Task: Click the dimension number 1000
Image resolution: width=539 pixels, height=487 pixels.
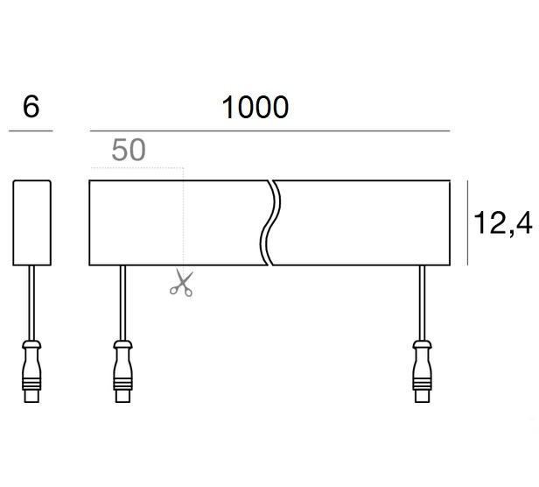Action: coord(255,107)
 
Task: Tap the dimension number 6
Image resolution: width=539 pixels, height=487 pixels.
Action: coord(31,106)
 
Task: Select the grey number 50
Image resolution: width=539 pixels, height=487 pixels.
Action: coord(129,150)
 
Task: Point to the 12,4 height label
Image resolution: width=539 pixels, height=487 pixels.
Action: coord(503,223)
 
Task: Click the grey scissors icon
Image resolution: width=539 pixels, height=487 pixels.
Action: coord(181,283)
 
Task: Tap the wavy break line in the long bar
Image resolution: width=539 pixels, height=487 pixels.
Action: coord(270,222)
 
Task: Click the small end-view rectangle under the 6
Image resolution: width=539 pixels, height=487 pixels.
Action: coord(32,222)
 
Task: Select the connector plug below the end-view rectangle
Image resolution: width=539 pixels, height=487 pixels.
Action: coord(31,371)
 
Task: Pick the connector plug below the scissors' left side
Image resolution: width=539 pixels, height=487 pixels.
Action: coord(122,371)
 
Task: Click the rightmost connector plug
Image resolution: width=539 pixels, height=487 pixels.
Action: coord(422,371)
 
